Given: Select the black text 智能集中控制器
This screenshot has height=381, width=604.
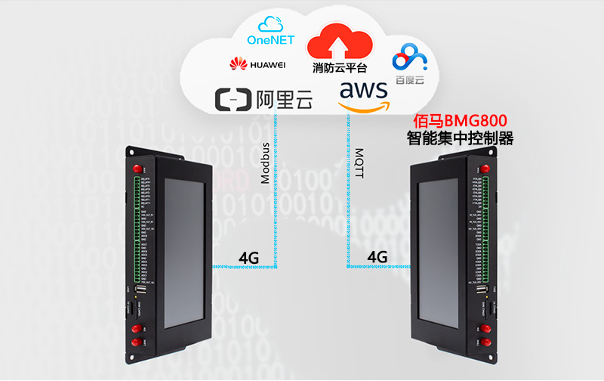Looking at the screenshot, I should point(460,138).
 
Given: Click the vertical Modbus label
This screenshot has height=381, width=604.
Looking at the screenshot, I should point(265,163).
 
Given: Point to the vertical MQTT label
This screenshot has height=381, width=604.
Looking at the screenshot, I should point(359,163).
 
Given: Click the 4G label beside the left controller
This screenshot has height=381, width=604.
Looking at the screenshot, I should point(248,258).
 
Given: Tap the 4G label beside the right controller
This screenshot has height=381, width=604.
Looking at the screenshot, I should point(377,257).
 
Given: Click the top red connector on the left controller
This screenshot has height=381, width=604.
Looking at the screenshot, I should point(137,168).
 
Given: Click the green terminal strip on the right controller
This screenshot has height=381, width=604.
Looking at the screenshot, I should point(481,227).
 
